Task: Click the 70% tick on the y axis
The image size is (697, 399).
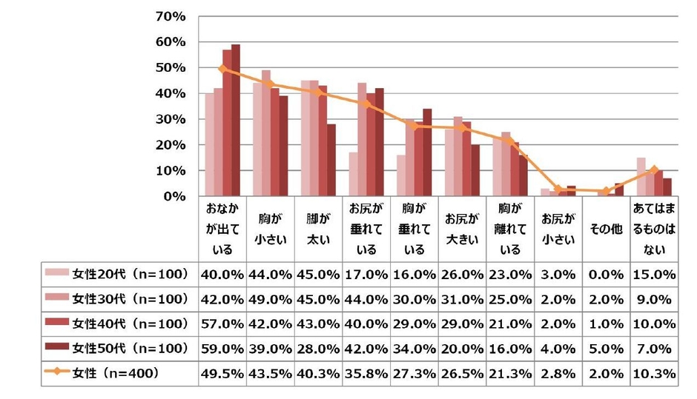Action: click(172, 16)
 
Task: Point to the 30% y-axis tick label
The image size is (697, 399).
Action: click(172, 119)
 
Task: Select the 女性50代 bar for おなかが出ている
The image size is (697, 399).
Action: click(236, 121)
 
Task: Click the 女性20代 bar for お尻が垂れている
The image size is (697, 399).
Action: click(353, 175)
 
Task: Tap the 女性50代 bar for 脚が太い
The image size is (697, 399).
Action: click(331, 161)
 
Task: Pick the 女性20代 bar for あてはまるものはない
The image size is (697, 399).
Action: click(641, 178)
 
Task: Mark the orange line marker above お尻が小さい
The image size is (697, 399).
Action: click(558, 190)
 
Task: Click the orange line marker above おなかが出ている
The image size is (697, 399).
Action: click(222, 69)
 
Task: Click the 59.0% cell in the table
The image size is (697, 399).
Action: click(222, 349)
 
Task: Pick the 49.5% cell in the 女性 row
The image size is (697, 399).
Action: click(222, 375)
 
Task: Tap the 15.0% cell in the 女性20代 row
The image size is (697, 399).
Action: click(653, 273)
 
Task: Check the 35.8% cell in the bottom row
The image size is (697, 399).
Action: click(366, 375)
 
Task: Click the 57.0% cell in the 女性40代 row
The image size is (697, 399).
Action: click(222, 324)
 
